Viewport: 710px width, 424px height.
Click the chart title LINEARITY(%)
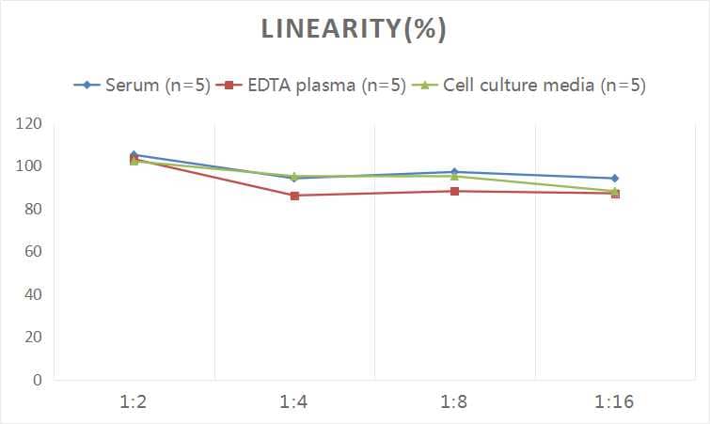(354, 30)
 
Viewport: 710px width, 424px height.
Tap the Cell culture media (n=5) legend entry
(531, 86)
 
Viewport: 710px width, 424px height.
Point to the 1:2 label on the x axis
(134, 402)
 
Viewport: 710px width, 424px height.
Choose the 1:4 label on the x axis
(294, 402)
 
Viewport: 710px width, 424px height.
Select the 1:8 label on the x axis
(454, 402)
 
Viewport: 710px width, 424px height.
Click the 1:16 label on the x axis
(614, 402)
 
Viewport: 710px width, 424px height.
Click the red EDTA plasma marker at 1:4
(294, 196)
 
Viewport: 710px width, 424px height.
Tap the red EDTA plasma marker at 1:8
(454, 191)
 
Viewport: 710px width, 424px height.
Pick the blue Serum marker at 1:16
(614, 178)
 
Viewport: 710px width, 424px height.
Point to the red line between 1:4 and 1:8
(374, 194)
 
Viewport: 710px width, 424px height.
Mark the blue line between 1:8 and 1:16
(534, 175)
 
